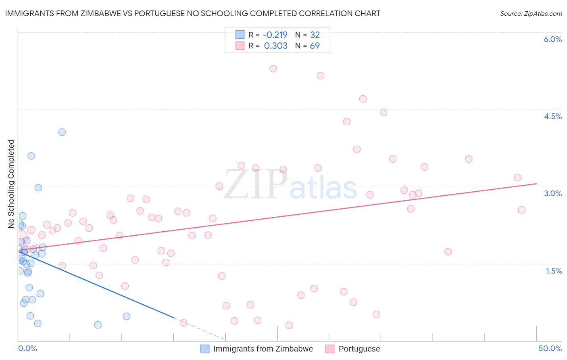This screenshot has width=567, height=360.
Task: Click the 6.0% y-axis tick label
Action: click(552, 39)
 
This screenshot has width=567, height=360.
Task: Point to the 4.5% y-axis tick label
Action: click(552, 116)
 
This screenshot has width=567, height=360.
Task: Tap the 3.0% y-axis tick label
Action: click(552, 193)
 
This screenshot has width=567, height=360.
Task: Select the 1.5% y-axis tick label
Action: click(554, 271)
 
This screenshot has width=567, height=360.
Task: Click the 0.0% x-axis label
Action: click(27, 348)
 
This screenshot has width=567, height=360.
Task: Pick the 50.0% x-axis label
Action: click(550, 348)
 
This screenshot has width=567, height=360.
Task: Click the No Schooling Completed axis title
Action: click(11, 184)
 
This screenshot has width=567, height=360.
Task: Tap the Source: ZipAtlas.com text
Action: click(531, 13)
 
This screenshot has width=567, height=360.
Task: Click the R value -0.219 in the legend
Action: click(275, 35)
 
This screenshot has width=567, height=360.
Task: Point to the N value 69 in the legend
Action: click(315, 46)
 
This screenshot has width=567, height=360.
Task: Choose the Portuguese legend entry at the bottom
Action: click(359, 349)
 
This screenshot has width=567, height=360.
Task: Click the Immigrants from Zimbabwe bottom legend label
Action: click(263, 349)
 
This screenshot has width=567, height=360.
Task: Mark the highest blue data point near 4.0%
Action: click(62, 132)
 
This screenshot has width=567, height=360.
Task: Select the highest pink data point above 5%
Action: click(273, 69)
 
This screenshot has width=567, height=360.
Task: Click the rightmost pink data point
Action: click(521, 210)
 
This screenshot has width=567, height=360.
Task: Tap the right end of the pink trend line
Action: click(536, 184)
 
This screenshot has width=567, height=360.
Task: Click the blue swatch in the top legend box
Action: click(240, 35)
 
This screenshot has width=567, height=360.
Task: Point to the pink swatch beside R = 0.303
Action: click(240, 46)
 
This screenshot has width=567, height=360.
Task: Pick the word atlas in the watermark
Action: click(323, 188)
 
